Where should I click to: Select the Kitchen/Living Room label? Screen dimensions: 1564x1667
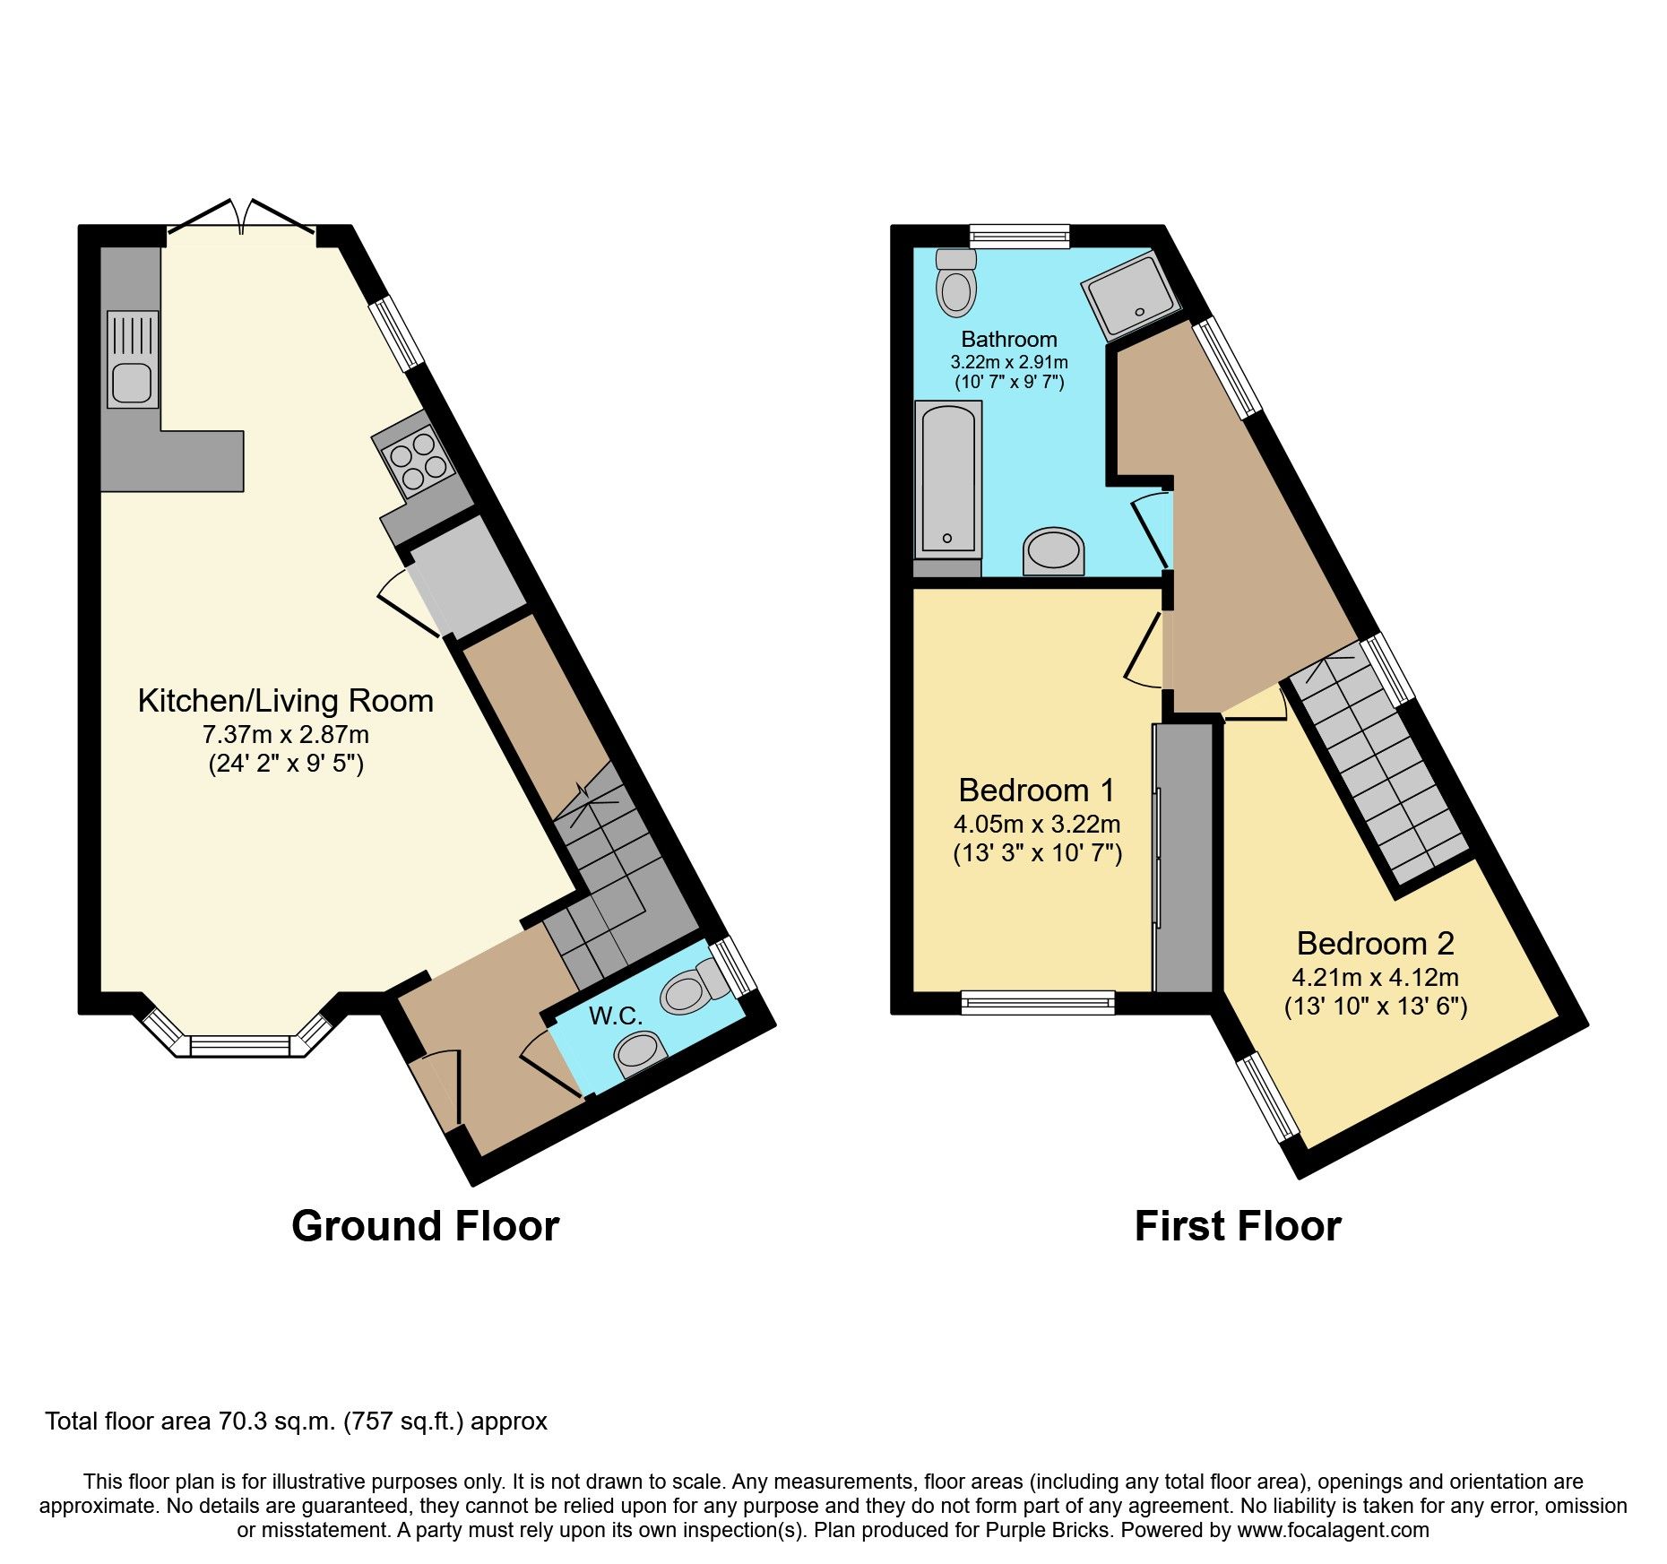point(285,700)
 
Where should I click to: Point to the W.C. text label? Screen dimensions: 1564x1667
point(616,1015)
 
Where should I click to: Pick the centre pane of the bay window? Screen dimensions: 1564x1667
point(241,1045)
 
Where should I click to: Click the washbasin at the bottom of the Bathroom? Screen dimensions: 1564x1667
point(1053,549)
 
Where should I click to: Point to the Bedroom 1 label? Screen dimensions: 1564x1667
point(1037,790)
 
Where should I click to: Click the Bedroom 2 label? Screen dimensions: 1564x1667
point(1375,943)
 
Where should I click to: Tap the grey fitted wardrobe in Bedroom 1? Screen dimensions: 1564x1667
point(1183,858)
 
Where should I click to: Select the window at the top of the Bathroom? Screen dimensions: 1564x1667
point(1020,236)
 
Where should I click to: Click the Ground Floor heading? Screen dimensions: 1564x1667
point(425,1226)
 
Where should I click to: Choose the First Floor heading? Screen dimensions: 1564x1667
point(1237,1226)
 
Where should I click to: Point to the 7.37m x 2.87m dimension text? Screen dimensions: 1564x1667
point(285,735)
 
